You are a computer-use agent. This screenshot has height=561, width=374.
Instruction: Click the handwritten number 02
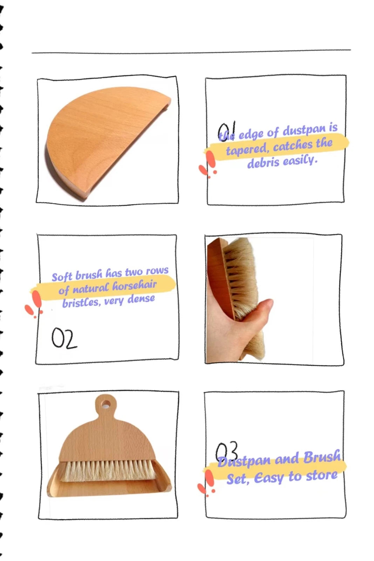point(64,338)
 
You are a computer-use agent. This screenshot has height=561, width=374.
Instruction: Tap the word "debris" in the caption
point(263,163)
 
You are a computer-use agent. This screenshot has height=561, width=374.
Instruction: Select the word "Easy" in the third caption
point(269,478)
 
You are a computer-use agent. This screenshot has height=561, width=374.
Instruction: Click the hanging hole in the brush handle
point(106,404)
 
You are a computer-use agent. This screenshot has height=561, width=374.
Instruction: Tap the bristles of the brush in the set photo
point(108,471)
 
